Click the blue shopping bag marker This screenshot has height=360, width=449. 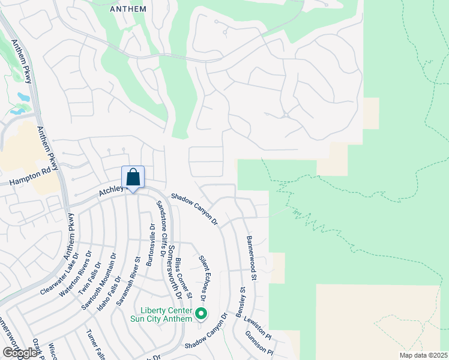[x=133, y=178]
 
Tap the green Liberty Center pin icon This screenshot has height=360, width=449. [x=202, y=313]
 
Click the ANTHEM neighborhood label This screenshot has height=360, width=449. [x=128, y=9]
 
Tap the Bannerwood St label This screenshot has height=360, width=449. [x=251, y=258]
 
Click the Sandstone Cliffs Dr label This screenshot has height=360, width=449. [x=161, y=229]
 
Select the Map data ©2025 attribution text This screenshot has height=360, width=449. [x=424, y=355]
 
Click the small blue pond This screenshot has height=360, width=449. [x=23, y=97]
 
